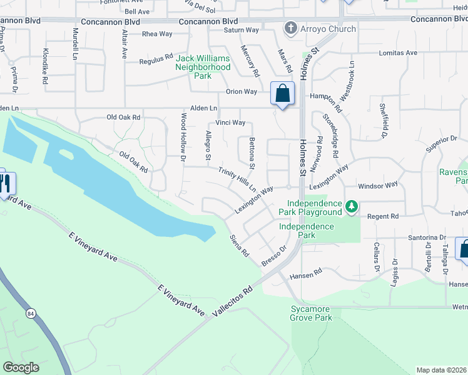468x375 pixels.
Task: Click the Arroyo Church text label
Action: tap(328, 29)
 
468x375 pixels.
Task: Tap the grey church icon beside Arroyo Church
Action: tap(290, 29)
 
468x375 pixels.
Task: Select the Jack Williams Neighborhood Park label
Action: tap(202, 67)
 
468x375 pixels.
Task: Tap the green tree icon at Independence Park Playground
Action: tap(352, 207)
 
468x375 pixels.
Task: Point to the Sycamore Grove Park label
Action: tap(311, 313)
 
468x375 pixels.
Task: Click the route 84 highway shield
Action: tap(31, 312)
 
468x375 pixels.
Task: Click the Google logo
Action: tap(21, 367)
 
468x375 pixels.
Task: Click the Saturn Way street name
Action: tap(241, 30)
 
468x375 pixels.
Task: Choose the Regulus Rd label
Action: tap(156, 59)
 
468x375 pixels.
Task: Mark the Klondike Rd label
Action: tap(45, 67)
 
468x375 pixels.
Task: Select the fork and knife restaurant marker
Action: tap(6, 183)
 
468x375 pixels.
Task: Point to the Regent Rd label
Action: tap(385, 216)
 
